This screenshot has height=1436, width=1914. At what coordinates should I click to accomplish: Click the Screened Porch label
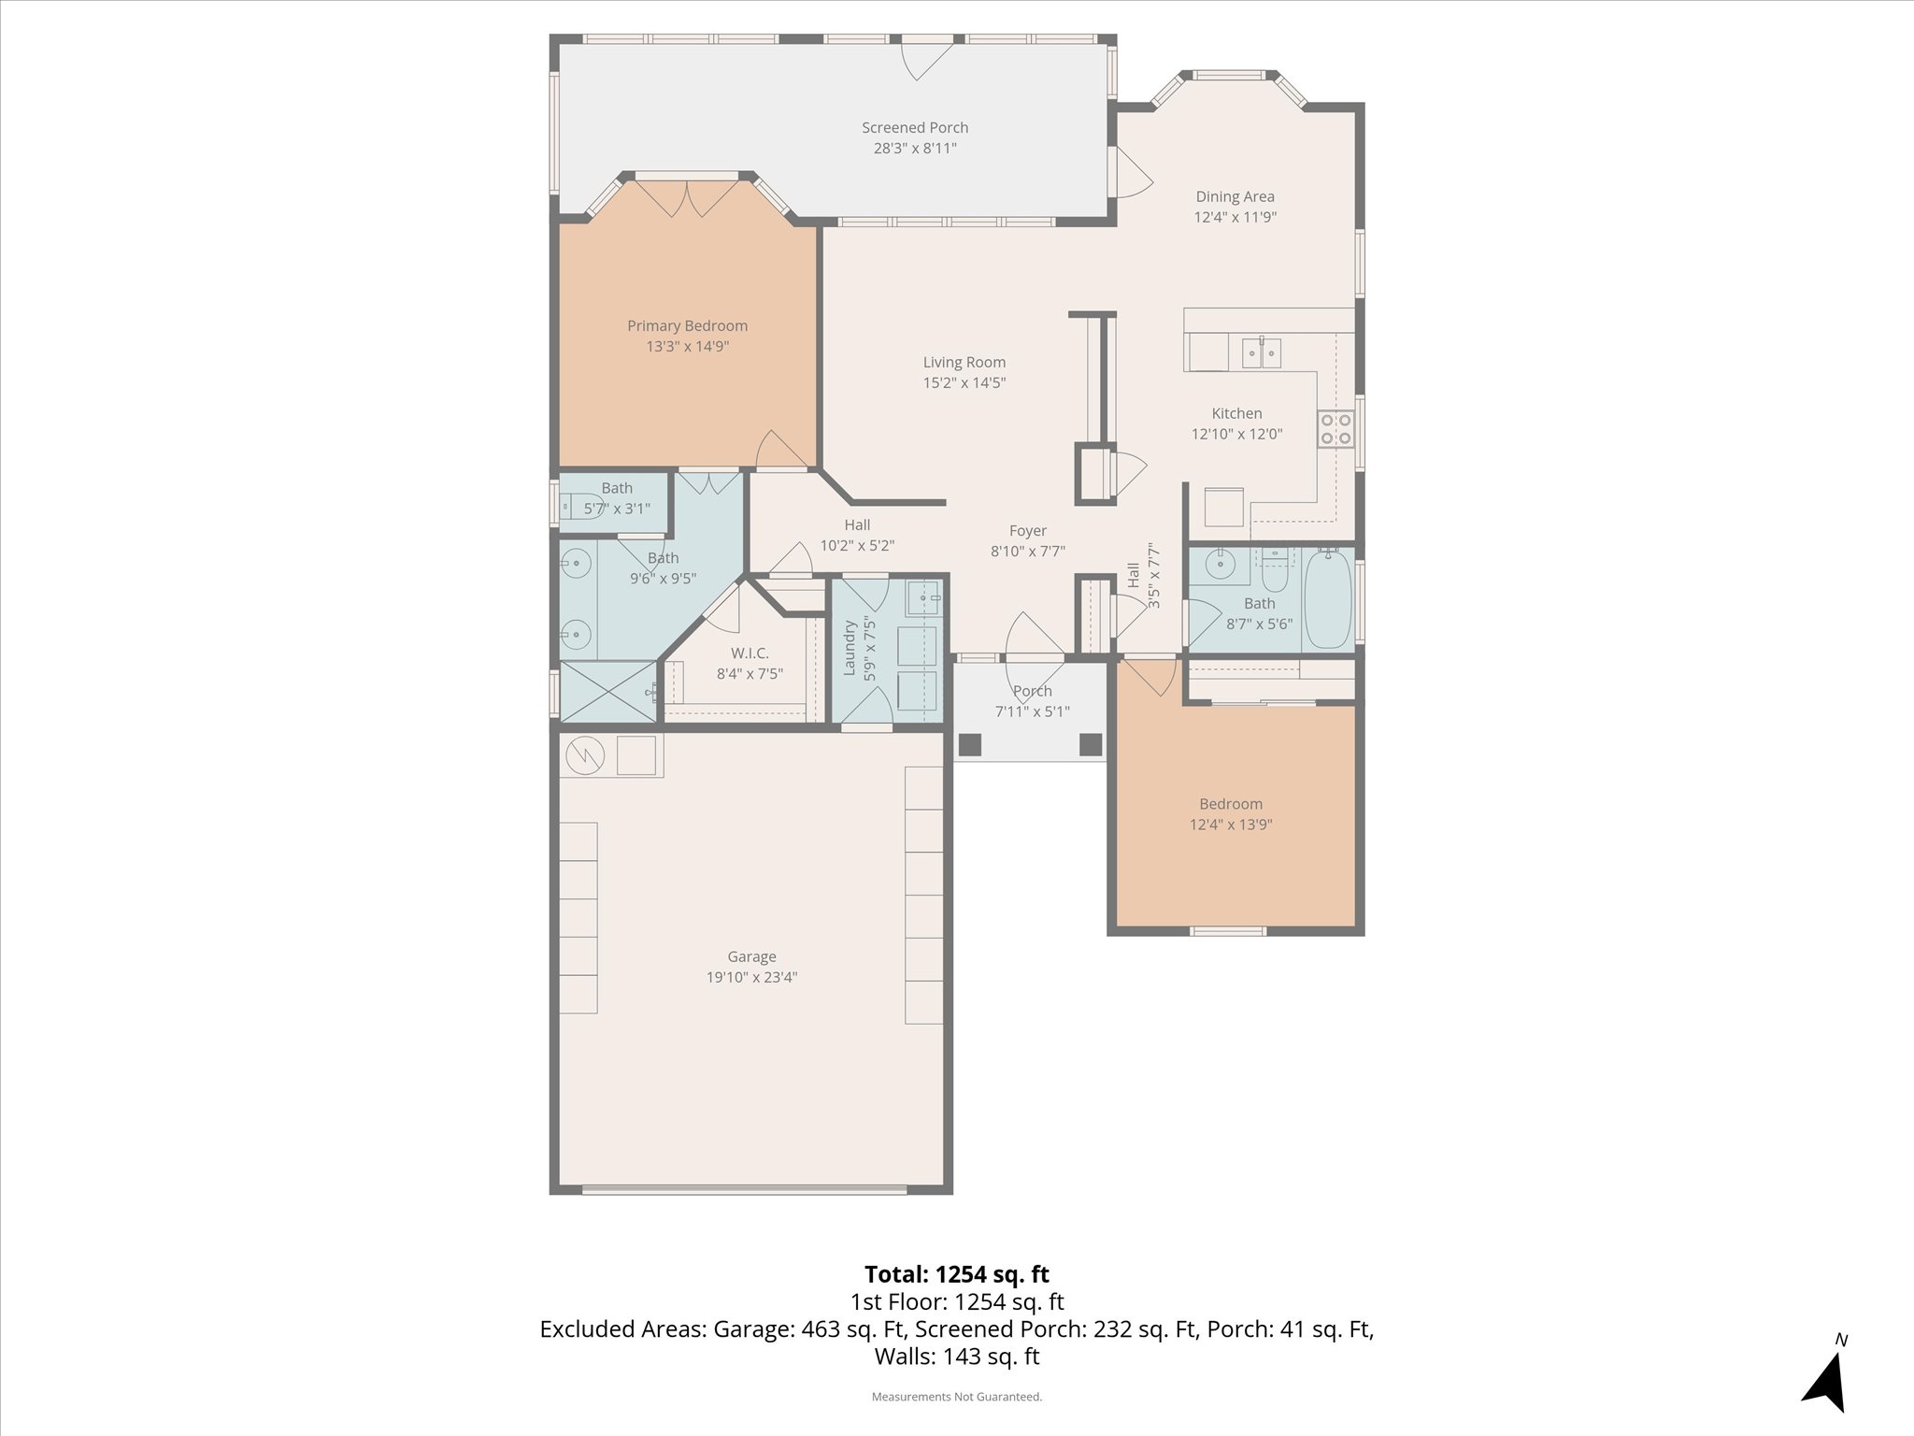tap(914, 128)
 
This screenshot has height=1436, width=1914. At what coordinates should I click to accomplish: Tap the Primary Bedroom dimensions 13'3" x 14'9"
tap(687, 347)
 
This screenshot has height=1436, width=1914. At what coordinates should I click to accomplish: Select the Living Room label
tap(964, 363)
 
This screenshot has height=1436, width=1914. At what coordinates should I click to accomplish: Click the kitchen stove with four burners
tap(1336, 430)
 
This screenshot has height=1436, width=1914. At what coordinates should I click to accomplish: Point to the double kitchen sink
tap(1261, 353)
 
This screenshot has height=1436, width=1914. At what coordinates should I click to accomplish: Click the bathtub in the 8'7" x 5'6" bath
tap(1327, 600)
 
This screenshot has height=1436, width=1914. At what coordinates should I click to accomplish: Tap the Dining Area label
tap(1235, 197)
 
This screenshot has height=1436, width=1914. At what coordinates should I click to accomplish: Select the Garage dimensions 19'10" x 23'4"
tap(751, 978)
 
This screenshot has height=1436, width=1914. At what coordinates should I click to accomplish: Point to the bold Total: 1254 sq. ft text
tap(956, 1274)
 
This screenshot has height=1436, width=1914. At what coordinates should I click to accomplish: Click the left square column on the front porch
tap(971, 744)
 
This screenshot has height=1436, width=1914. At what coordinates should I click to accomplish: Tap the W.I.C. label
tap(750, 653)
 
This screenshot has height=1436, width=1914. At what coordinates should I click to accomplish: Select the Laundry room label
tap(850, 647)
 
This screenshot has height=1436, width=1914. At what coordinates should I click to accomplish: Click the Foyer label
tap(1027, 531)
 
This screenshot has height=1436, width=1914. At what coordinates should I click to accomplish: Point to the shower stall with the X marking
tap(607, 691)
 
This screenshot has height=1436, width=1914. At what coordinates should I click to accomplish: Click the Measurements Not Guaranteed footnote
tap(956, 1397)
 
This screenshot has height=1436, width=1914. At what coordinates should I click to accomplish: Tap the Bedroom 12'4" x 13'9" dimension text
tap(1230, 825)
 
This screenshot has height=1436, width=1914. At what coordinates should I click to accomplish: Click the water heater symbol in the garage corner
tap(583, 754)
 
